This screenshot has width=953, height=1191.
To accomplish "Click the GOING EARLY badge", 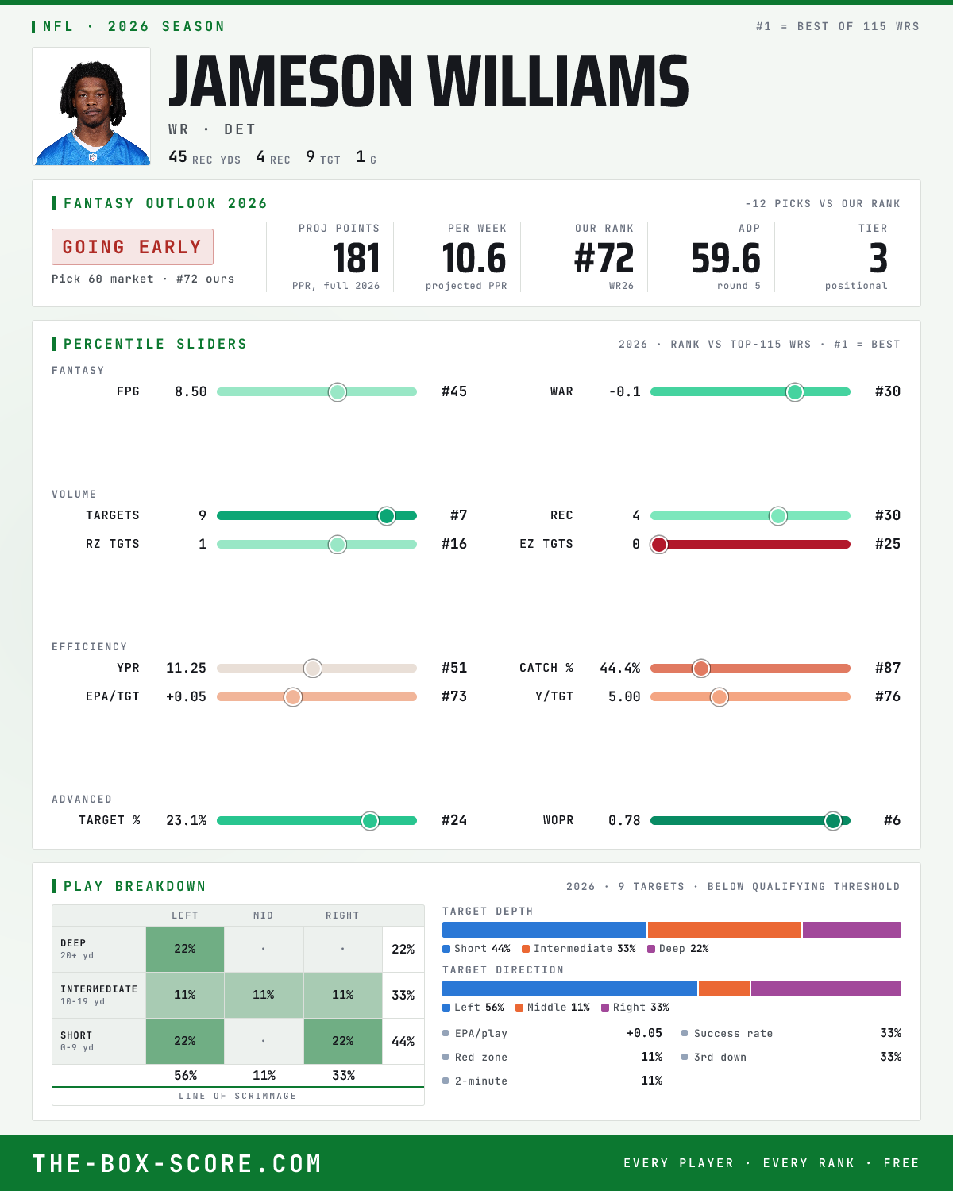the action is [x=133, y=247].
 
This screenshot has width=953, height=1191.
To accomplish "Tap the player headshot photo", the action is [x=91, y=106].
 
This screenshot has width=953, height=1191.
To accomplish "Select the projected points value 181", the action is [x=356, y=259].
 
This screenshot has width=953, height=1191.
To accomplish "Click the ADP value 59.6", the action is [x=726, y=259].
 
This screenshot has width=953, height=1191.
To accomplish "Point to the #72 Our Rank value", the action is [x=604, y=259].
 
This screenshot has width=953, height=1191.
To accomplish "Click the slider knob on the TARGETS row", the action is [x=387, y=516].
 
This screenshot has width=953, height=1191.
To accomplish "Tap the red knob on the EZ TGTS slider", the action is [x=659, y=545].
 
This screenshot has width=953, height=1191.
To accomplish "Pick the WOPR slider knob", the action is [x=833, y=821].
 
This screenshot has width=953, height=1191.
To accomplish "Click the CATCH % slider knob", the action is [x=701, y=669].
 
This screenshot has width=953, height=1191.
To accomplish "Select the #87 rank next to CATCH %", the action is [x=888, y=668].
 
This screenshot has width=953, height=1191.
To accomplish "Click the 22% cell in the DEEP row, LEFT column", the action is [x=185, y=949].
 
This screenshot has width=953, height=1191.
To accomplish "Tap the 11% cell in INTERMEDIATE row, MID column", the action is [x=264, y=995].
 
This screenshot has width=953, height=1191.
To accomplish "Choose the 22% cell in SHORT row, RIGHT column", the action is [x=343, y=1041].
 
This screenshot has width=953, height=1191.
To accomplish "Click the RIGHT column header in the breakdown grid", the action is [x=342, y=915].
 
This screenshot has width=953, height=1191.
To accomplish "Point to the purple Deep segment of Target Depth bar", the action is [x=851, y=930].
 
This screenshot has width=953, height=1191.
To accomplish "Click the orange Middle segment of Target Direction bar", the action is [x=724, y=989].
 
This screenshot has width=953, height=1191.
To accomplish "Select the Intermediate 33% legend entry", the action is [x=579, y=949].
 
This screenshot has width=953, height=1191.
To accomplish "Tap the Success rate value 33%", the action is [x=890, y=1033].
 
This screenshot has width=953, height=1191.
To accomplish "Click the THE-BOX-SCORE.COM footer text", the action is [x=177, y=1163].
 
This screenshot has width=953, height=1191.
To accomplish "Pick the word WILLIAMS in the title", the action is [x=558, y=81].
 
